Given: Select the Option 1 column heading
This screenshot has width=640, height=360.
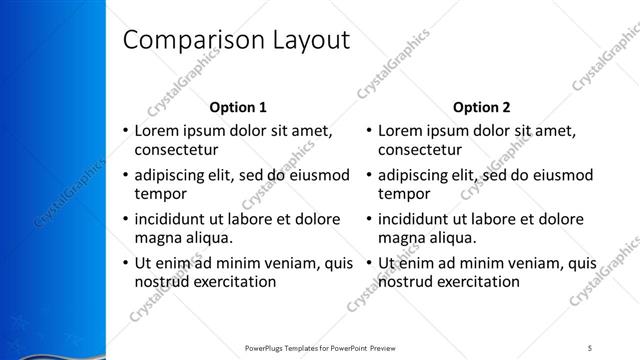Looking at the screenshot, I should tap(238, 107).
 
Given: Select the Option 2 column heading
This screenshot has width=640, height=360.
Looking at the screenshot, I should tap(481, 107).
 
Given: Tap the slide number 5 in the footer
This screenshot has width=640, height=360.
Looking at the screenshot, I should tap(591, 348).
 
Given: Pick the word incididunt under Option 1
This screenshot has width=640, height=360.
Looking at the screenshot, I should tap(172, 218).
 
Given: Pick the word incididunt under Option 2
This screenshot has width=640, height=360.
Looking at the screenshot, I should tap(416, 218).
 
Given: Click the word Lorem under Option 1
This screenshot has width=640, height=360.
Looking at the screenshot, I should tap(157, 130).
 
